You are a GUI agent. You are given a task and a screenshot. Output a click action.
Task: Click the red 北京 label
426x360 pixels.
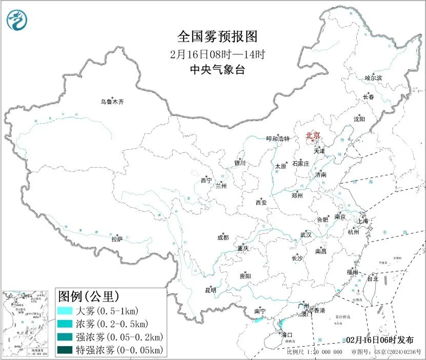313,135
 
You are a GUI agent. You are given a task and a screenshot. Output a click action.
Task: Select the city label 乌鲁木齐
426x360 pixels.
112,102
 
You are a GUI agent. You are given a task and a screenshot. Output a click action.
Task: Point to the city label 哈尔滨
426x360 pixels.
373,78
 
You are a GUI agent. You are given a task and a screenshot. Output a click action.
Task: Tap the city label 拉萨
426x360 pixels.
117,239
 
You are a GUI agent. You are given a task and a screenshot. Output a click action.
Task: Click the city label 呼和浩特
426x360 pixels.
278,139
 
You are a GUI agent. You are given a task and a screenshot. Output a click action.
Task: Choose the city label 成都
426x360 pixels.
223,237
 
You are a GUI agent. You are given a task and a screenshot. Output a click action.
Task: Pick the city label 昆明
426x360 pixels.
211,290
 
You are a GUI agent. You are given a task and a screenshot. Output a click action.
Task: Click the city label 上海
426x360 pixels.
363,221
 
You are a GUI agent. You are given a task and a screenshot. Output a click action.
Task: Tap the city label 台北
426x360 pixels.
372,279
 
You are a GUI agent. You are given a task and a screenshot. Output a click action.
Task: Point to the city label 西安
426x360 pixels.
261,203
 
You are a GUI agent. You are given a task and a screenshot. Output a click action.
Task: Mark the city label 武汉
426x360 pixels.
306,235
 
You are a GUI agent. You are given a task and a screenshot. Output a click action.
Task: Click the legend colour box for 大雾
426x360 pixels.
65,311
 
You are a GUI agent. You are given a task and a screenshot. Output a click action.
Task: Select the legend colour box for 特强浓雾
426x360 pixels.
65,350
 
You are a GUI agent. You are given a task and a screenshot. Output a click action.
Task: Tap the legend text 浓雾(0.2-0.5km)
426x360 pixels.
112,324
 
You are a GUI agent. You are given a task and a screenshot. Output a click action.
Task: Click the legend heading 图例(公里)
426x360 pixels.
89,296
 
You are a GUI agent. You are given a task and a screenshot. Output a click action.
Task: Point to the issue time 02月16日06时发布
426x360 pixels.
379,340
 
